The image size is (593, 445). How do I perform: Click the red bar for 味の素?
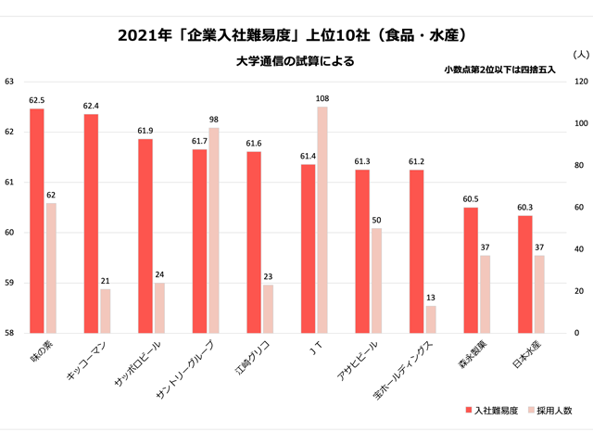click(37, 221)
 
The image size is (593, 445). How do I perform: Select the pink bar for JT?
click(322, 220)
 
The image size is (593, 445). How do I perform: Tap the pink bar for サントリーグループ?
click(214, 230)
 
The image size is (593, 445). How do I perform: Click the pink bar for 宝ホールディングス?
click(431, 319)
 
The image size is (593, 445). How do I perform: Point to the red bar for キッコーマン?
click(91, 222)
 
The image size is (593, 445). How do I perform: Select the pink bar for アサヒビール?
click(376, 280)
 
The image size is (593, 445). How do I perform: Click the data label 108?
click(322, 98)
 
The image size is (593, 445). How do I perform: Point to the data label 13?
click(431, 298)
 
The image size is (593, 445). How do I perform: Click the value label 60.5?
click(471, 199)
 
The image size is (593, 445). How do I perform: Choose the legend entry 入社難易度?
click(490, 409)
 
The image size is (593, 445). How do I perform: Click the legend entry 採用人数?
click(553, 409)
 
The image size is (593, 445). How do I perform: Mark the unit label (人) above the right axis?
click(579, 56)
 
